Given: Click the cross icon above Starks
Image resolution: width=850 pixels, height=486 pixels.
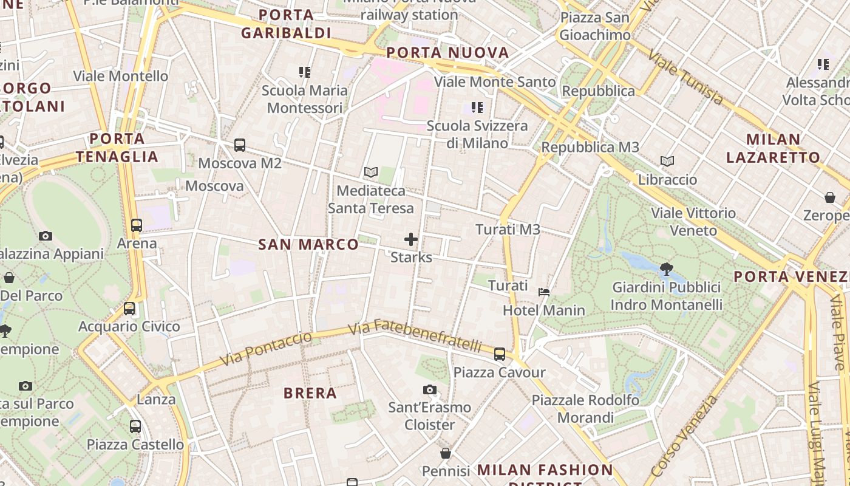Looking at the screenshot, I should [411, 239].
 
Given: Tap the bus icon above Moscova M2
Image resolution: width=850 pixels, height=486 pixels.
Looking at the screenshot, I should [240, 145].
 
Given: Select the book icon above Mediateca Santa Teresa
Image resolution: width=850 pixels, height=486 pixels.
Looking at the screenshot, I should [370, 173].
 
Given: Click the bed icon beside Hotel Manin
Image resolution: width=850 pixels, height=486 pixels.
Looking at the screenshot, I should [544, 292].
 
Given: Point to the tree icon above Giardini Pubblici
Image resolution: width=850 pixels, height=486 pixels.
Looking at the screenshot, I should [666, 269].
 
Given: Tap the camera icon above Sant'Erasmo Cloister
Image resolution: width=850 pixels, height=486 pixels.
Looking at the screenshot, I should [430, 389].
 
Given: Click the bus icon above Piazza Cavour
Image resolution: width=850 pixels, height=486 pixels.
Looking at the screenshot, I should [500, 354].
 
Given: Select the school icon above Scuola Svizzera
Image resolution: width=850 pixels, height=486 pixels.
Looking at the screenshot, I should [477, 108].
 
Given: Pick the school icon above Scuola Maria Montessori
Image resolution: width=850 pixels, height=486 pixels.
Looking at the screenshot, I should [305, 72].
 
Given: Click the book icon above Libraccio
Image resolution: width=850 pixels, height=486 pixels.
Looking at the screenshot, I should [667, 162].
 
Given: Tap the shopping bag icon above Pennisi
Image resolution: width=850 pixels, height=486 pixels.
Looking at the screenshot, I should [446, 453].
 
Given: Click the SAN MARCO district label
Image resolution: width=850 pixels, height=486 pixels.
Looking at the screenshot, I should [308, 245].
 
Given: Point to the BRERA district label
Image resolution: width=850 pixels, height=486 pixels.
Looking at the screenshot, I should [310, 393].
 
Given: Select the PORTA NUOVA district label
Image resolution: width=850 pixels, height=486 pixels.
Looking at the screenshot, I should [447, 53].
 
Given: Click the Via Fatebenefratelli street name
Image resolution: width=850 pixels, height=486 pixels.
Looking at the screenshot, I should [416, 335].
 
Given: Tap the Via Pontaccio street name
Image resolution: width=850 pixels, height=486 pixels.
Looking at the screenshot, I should [266, 349].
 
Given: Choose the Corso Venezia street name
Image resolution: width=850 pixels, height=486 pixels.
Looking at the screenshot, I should [683, 436].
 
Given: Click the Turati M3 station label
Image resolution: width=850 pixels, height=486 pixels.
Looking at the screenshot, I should [508, 230].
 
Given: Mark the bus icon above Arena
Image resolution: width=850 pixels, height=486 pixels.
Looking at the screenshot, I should [137, 225].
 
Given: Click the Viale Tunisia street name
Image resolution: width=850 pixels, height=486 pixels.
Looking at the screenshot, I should [685, 78].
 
